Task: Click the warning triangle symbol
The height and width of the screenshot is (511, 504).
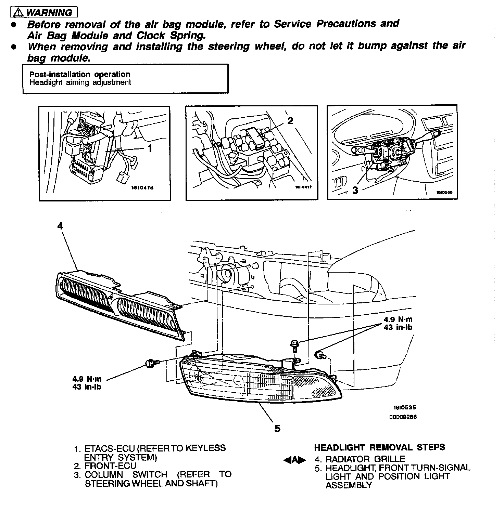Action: (x=18, y=13)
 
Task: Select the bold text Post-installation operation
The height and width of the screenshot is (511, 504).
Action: (x=79, y=74)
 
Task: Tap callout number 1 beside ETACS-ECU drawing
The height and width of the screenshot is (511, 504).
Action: (x=150, y=148)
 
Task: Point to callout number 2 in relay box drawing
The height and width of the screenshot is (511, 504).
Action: (x=290, y=121)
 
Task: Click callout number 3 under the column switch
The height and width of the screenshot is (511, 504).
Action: (x=355, y=191)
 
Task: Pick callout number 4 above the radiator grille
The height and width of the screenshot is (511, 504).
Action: (x=60, y=226)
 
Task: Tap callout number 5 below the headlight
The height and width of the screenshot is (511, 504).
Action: (x=277, y=428)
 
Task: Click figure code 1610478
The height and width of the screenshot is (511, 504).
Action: (x=142, y=188)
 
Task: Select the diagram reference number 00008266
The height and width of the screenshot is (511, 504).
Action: (x=403, y=417)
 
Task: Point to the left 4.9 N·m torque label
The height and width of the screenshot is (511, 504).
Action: (x=87, y=379)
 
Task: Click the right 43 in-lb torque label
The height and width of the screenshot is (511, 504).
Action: (x=398, y=327)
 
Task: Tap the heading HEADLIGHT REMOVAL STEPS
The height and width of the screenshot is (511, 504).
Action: (x=379, y=447)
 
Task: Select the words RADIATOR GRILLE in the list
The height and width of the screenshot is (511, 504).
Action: (x=365, y=459)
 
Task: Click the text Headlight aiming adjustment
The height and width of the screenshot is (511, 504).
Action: (x=80, y=82)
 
